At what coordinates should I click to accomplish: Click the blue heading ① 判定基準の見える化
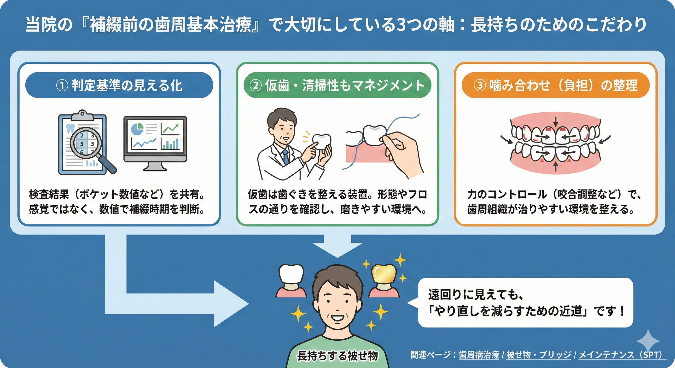point(119,85)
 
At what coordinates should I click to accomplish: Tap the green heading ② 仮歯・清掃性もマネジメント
point(337,85)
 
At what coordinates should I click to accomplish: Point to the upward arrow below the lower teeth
point(555,167)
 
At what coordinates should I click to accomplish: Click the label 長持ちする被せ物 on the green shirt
point(337,356)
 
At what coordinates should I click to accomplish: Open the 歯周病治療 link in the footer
point(479,355)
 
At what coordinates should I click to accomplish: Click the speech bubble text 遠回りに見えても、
point(476,295)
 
